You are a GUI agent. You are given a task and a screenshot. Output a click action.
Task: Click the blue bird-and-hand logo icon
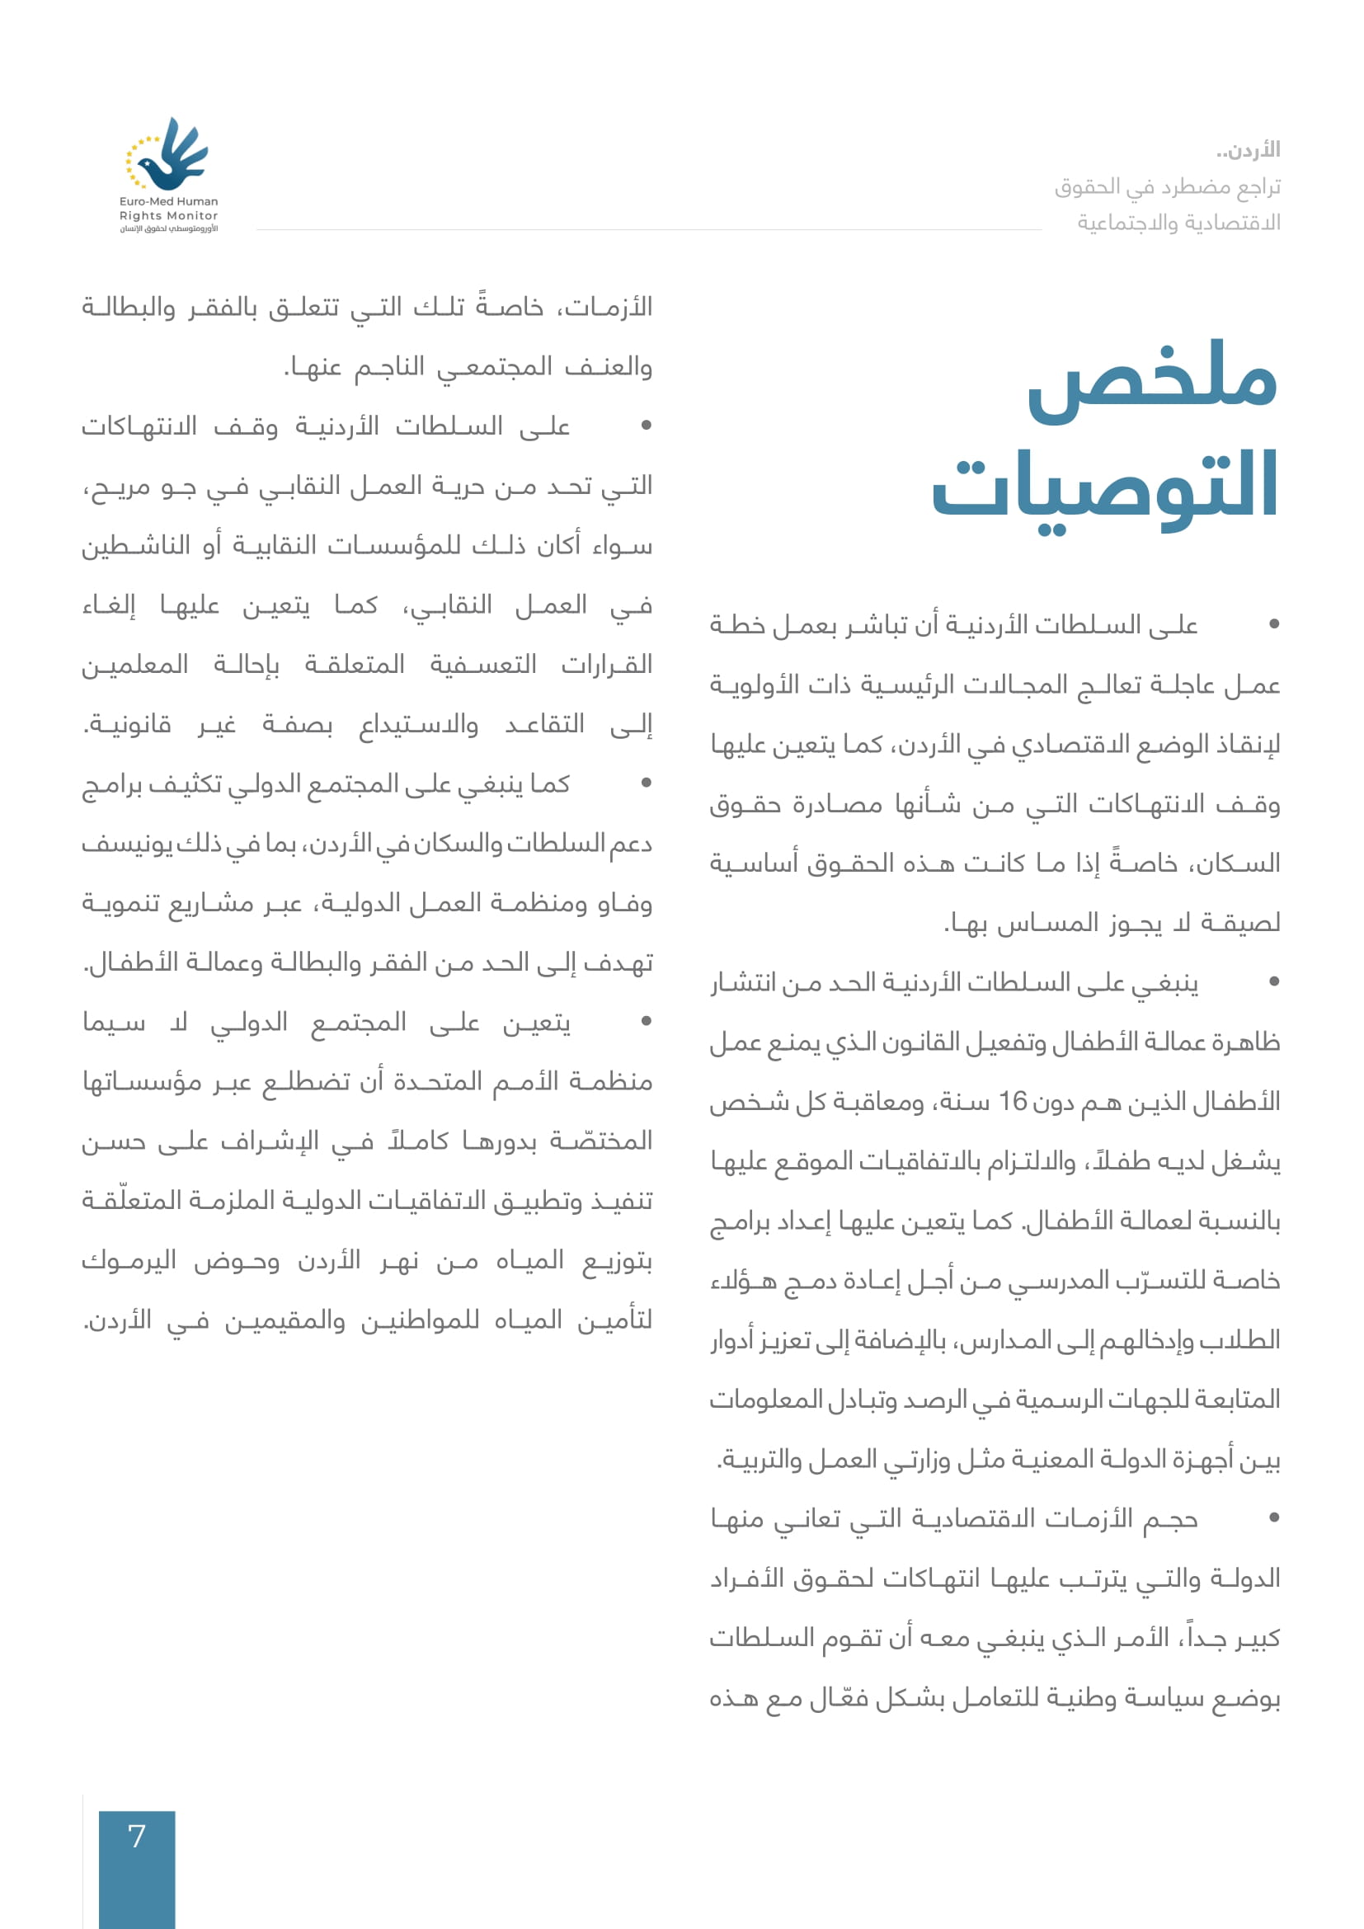tap(169, 154)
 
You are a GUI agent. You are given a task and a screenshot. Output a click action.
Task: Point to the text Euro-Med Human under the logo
tap(168, 201)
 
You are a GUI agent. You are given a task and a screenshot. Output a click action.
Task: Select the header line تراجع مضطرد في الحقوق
tap(1168, 186)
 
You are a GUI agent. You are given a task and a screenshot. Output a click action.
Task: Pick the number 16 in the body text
tap(1013, 1102)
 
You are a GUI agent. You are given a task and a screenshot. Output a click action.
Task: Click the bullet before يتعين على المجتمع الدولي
tap(646, 1022)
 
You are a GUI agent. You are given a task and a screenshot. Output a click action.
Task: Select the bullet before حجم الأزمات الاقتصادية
tap(1274, 1517)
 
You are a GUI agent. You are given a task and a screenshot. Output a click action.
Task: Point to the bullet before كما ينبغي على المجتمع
tap(646, 783)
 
